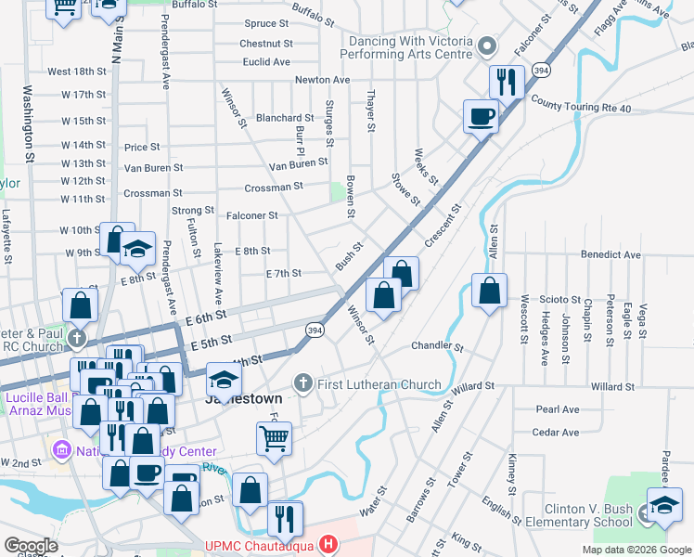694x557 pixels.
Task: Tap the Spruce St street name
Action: [267, 23]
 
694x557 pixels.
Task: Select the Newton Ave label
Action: [322, 80]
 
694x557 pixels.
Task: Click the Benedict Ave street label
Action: [610, 253]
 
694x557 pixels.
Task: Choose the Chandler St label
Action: [437, 346]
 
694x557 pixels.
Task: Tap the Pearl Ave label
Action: [557, 408]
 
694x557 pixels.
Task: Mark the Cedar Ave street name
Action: [556, 432]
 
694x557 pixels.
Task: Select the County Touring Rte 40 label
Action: [582, 109]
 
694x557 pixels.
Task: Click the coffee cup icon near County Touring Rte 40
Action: [481, 116]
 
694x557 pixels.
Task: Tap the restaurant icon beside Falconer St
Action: [507, 83]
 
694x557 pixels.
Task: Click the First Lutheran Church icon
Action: [302, 382]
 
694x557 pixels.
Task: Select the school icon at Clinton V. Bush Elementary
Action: [664, 505]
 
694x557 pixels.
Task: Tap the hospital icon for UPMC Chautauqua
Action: [326, 543]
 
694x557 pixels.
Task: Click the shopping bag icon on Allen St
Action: [489, 291]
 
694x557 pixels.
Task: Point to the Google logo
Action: [32, 546]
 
